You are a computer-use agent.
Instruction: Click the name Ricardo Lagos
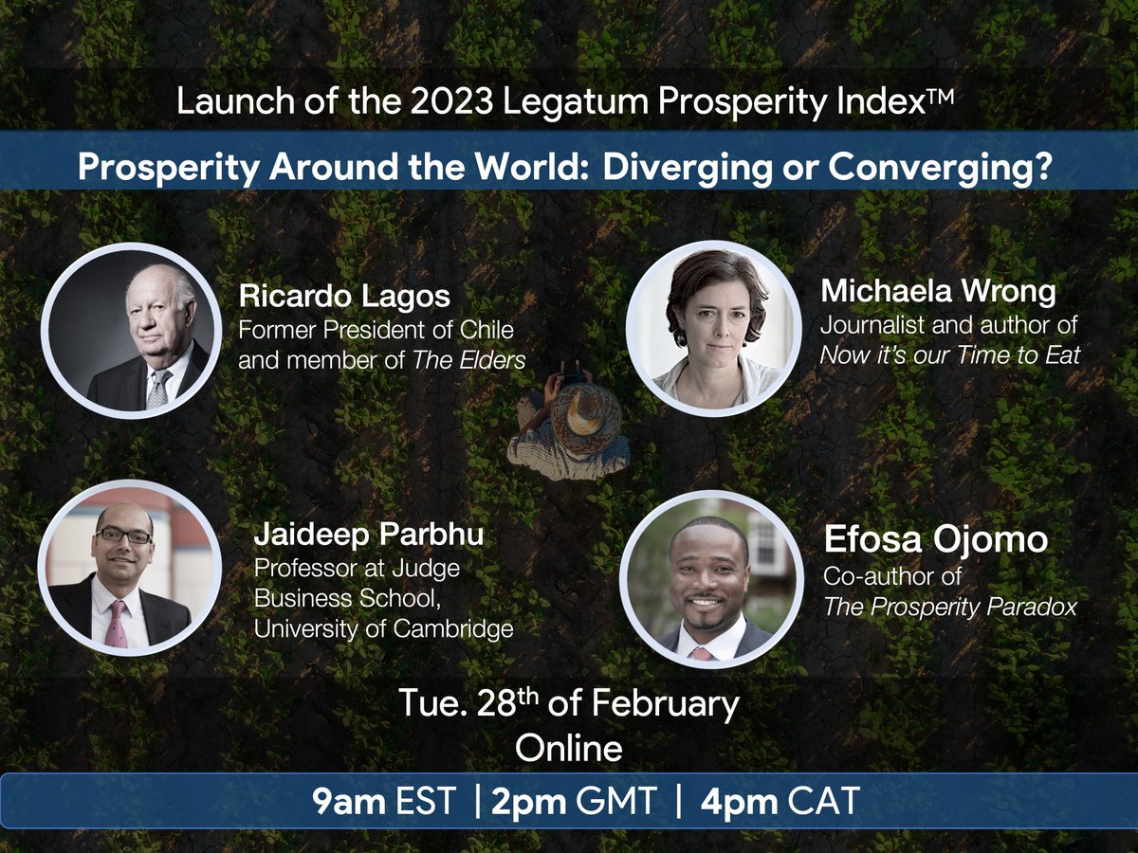(x=344, y=296)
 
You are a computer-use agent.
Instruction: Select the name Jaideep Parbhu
(x=369, y=535)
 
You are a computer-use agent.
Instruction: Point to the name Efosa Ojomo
(x=936, y=540)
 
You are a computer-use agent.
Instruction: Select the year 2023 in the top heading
(x=449, y=101)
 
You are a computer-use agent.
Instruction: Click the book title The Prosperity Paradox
(x=950, y=607)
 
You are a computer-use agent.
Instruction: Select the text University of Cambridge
(x=383, y=628)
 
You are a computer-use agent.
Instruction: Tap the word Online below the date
(x=568, y=748)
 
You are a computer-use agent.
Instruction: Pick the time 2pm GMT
(x=575, y=802)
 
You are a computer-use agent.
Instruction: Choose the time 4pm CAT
(x=780, y=802)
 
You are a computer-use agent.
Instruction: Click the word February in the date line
(x=665, y=705)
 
